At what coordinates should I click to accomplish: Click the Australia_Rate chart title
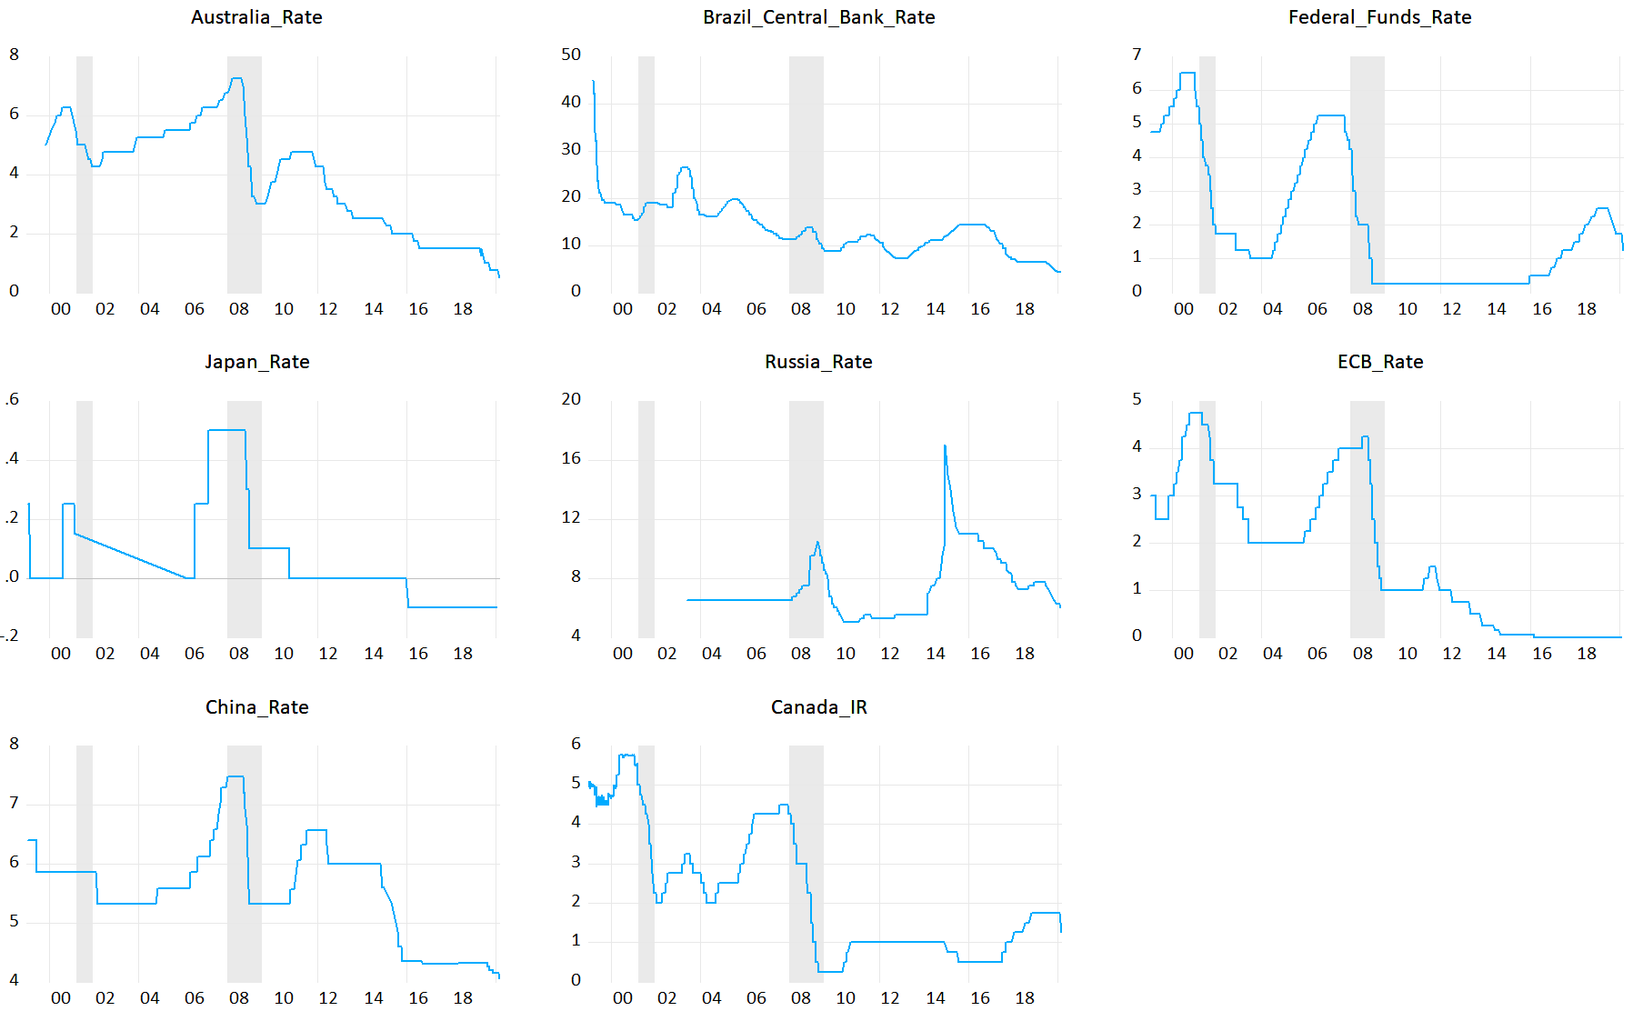[256, 17]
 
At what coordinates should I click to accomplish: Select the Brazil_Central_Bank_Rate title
[818, 17]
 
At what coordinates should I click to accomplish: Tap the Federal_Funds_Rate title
[1379, 17]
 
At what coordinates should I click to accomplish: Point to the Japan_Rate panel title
[256, 362]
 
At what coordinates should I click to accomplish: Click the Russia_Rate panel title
[818, 362]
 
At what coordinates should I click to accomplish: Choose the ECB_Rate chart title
[1379, 362]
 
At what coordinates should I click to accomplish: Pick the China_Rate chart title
[256, 707]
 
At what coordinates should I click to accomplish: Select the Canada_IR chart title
[818, 707]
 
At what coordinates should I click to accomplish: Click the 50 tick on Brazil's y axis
[571, 55]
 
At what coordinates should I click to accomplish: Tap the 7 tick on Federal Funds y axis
[1137, 55]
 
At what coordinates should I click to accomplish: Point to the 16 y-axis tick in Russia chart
[571, 458]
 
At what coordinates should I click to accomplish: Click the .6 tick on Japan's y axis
[12, 399]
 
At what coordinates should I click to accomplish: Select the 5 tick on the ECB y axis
[1137, 399]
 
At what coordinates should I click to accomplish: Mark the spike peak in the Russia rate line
[945, 446]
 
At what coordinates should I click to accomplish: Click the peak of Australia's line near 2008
[236, 79]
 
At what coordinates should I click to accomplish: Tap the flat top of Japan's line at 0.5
[226, 430]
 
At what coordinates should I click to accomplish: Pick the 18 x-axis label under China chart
[463, 998]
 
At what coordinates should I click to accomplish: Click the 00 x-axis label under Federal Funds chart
[1183, 309]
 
